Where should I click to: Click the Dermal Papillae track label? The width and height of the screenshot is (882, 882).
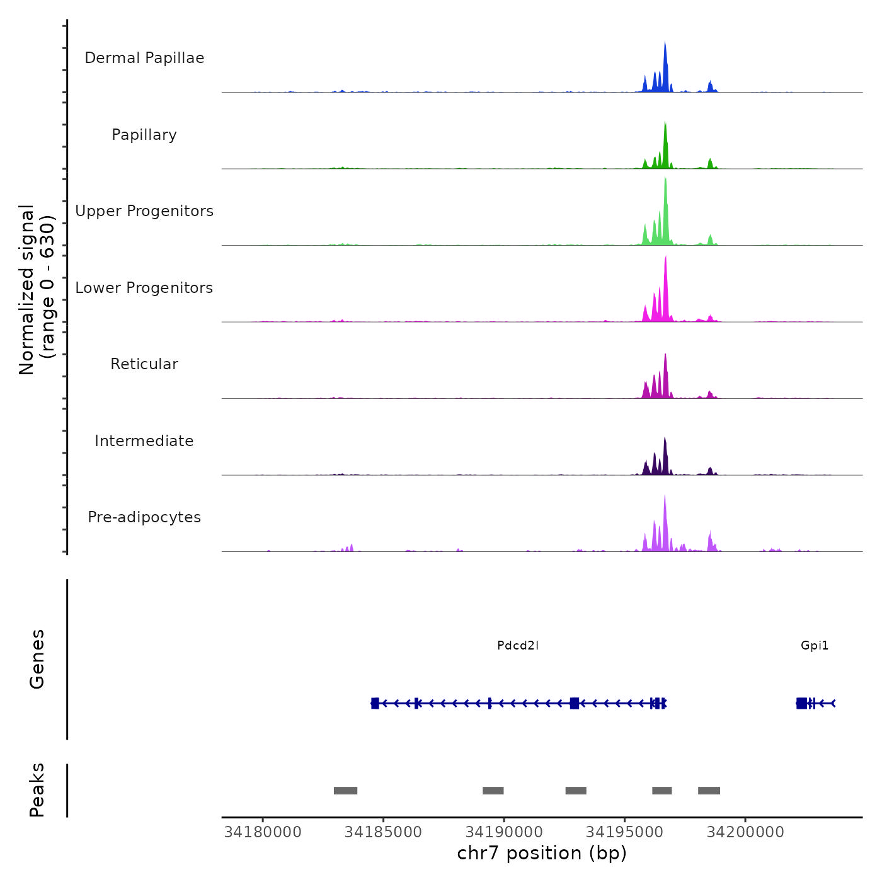[144, 58]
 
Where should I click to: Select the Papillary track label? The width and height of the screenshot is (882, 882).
[144, 135]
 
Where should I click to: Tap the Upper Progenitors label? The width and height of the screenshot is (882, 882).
[144, 211]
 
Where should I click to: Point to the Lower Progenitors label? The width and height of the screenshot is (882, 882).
[144, 288]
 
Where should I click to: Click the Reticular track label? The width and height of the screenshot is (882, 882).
[144, 364]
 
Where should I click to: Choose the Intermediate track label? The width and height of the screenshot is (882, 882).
[144, 441]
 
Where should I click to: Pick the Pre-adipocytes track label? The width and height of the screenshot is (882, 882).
[144, 517]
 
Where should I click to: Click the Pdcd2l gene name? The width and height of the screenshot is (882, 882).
[518, 645]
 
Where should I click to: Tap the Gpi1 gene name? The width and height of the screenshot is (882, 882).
[815, 645]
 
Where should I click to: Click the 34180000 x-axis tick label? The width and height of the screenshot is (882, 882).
[263, 832]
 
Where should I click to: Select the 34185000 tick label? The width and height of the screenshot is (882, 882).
[383, 832]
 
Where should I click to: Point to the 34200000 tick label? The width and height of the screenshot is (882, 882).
[745, 832]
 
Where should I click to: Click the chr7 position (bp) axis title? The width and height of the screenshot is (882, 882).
[542, 854]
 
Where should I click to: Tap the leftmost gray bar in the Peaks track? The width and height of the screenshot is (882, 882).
[345, 791]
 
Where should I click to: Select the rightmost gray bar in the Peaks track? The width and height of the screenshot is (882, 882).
[709, 791]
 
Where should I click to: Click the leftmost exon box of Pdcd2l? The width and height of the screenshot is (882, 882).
[375, 703]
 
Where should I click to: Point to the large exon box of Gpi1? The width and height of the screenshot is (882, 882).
[801, 703]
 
